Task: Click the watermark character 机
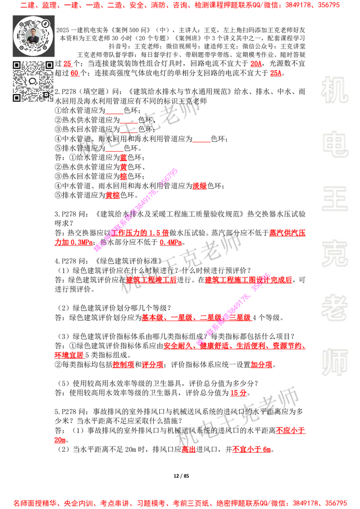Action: (x=335, y=90)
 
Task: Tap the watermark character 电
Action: (x=336, y=144)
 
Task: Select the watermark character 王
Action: (x=335, y=200)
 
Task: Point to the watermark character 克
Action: (x=335, y=254)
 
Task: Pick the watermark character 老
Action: (x=335, y=308)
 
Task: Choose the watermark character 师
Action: (x=335, y=363)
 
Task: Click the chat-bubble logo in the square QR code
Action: (x=33, y=81)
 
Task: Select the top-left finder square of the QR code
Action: (x=17, y=65)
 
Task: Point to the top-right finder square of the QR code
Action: (x=49, y=65)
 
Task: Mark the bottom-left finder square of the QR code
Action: (x=17, y=98)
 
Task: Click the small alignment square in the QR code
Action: (x=46, y=94)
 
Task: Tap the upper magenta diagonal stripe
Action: (x=135, y=210)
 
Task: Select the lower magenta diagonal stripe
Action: (x=233, y=308)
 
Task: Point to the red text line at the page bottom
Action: (x=180, y=503)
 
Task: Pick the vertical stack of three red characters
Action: (x=123, y=167)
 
